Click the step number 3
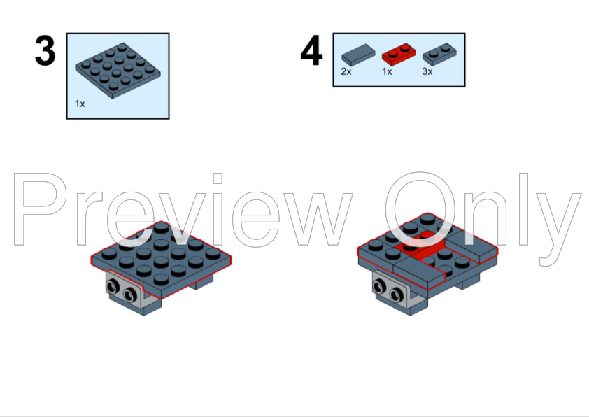[x=45, y=50]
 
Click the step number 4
[x=311, y=50]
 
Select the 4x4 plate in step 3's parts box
[x=118, y=71]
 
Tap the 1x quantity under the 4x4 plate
[x=80, y=104]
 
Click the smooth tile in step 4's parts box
[x=358, y=55]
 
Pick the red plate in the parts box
[x=399, y=54]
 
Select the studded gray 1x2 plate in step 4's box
[x=439, y=55]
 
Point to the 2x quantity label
[x=346, y=71]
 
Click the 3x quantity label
[x=427, y=71]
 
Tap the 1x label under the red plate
[x=387, y=71]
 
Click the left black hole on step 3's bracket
[x=113, y=288]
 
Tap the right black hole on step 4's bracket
[x=396, y=295]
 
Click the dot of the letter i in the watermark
[x=218, y=178]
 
